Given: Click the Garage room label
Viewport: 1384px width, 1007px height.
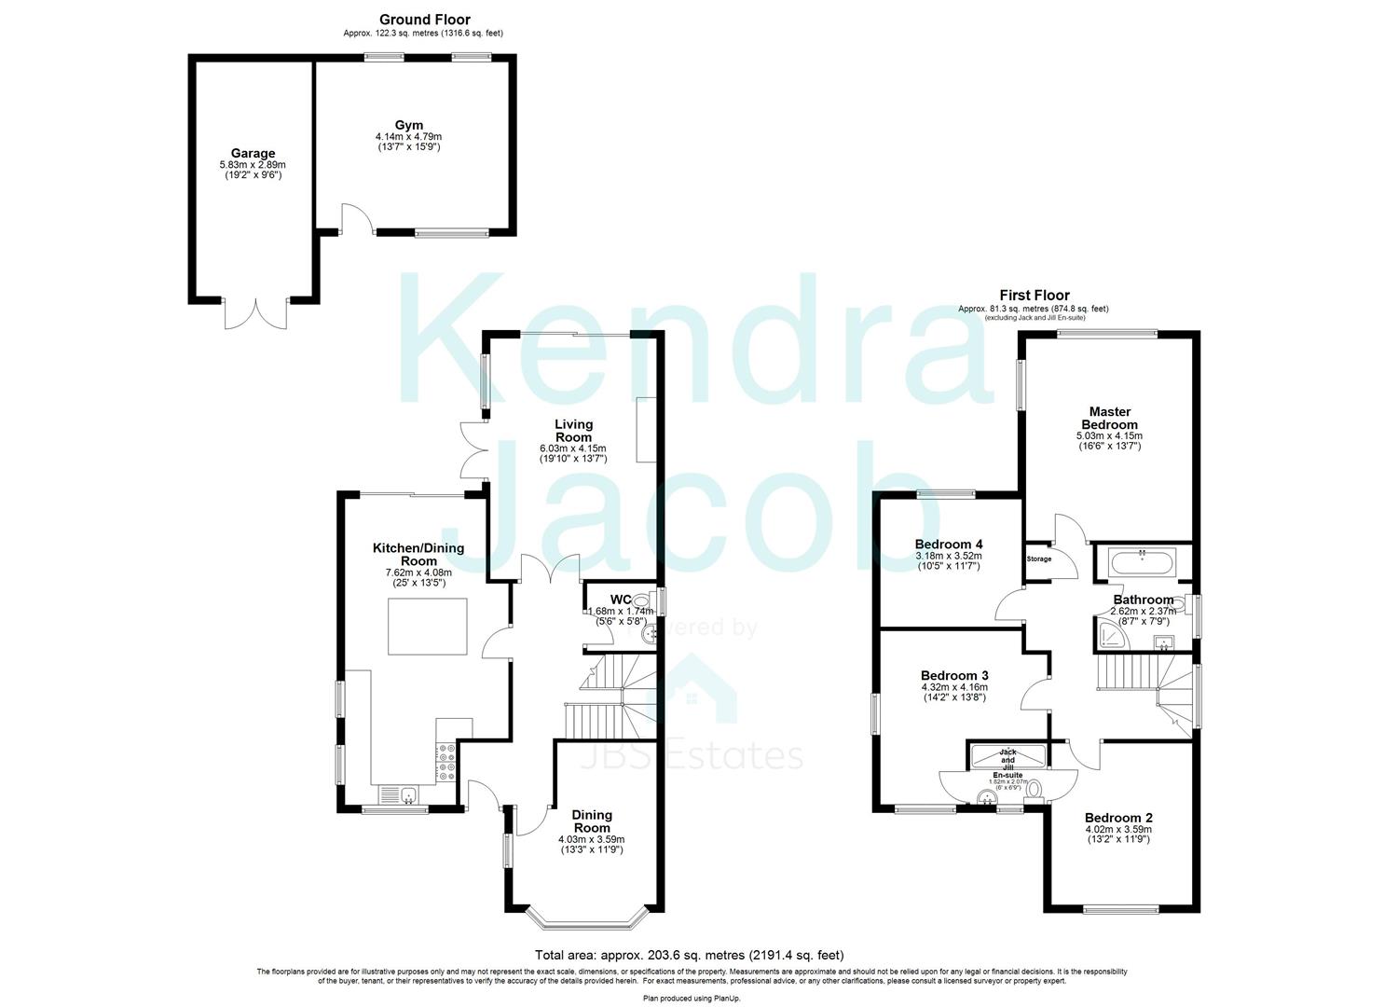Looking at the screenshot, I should (253, 154).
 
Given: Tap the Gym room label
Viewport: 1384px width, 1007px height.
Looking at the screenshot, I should (408, 125).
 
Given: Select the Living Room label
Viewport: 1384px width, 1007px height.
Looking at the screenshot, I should (573, 431).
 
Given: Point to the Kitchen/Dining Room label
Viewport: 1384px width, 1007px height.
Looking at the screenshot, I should (418, 555).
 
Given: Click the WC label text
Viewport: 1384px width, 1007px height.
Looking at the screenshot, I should (621, 600).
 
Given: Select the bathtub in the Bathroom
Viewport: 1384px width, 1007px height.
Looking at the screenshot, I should (1142, 562).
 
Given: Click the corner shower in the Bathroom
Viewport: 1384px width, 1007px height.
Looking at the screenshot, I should (1112, 638).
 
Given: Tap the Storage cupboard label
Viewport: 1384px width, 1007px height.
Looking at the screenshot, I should (1039, 559).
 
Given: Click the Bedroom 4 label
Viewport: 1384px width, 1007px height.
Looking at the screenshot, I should (949, 545).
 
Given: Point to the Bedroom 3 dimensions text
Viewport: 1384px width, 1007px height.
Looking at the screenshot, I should (953, 692).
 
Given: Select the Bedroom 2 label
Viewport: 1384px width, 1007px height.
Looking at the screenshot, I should (1118, 818).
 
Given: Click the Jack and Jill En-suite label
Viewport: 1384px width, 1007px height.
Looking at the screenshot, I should (1007, 763).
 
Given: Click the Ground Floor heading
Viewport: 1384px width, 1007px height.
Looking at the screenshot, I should (424, 20).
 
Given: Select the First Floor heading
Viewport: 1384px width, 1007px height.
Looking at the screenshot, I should (1035, 296).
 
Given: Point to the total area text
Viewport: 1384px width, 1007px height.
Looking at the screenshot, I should (690, 955).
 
